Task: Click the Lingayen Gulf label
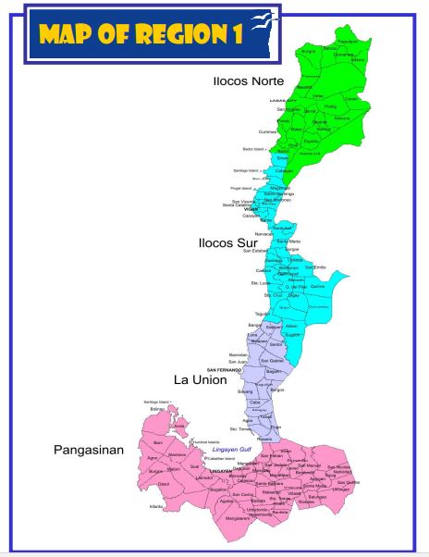pyautogui.click(x=233, y=449)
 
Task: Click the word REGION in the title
pyautogui.click(x=171, y=33)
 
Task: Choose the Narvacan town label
pyautogui.click(x=265, y=234)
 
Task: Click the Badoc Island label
pyautogui.click(x=253, y=148)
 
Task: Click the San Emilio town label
pyautogui.click(x=321, y=267)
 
